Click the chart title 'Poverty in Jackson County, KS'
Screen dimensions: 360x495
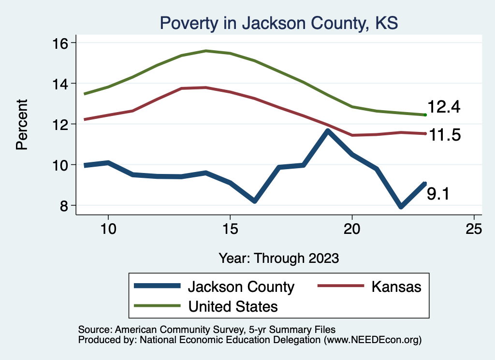(x=278, y=23)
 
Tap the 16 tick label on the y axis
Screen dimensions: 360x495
(x=61, y=43)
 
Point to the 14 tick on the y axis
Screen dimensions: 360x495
(x=61, y=84)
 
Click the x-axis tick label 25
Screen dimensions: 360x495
(x=474, y=229)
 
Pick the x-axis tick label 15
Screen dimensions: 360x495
(x=230, y=229)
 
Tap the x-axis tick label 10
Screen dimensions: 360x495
(x=108, y=229)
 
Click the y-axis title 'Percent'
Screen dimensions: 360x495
(x=22, y=124)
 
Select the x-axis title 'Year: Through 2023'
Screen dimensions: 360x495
(x=278, y=258)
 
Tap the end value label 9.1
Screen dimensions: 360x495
(x=438, y=194)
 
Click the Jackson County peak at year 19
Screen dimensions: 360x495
(x=328, y=130)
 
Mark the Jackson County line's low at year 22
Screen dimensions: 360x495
(x=401, y=207)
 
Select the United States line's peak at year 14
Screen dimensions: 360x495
(x=206, y=51)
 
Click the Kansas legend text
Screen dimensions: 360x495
(x=396, y=287)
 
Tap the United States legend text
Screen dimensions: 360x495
(x=233, y=306)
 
